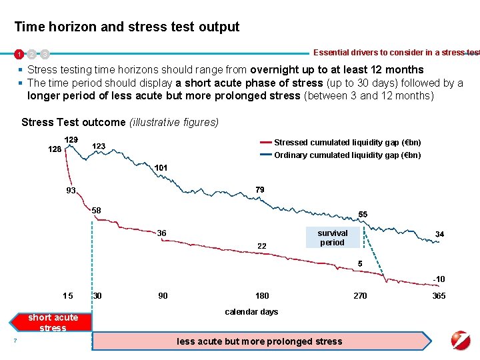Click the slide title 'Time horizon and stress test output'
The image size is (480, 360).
pyautogui.click(x=127, y=27)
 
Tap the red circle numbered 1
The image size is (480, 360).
pyautogui.click(x=20, y=53)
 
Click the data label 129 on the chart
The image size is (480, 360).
pyautogui.click(x=71, y=139)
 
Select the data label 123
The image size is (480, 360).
pyautogui.click(x=98, y=146)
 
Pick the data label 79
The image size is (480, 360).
pyautogui.click(x=259, y=190)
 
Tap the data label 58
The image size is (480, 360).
pyautogui.click(x=97, y=211)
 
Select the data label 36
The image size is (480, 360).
pyautogui.click(x=161, y=233)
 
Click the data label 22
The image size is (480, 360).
pyautogui.click(x=262, y=246)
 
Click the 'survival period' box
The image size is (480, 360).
pyautogui.click(x=332, y=238)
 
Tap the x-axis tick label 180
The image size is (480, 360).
pyautogui.click(x=262, y=295)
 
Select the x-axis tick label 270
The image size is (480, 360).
pyautogui.click(x=360, y=295)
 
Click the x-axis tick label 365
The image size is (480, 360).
pyautogui.click(x=439, y=295)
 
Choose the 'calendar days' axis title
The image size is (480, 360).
pyautogui.click(x=251, y=311)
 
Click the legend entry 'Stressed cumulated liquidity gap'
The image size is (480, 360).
pyautogui.click(x=347, y=142)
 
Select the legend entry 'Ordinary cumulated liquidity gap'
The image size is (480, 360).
pyautogui.click(x=347, y=155)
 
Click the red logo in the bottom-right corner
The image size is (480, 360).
pyautogui.click(x=460, y=339)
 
